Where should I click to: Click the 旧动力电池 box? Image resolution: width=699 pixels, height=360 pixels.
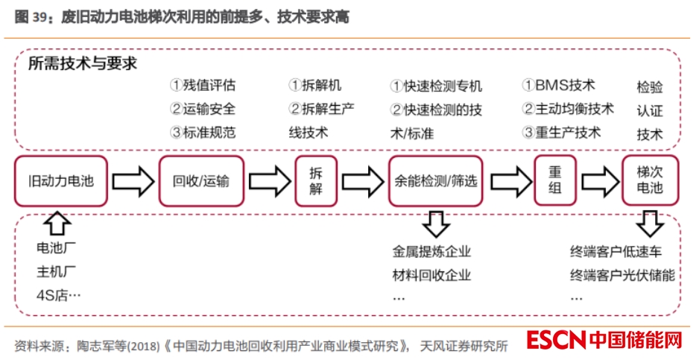point(61,181)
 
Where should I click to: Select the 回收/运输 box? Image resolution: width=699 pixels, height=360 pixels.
point(201,181)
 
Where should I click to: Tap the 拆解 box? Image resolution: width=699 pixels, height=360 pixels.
point(317,181)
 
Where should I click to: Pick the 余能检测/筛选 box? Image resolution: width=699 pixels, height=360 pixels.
point(435,181)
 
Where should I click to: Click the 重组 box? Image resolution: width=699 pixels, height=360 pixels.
point(555,181)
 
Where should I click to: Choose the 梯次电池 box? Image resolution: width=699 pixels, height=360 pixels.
point(650,180)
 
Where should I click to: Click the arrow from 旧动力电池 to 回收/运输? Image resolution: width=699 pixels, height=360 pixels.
point(133,181)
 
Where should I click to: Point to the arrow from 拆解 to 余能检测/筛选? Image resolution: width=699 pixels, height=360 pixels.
point(362,181)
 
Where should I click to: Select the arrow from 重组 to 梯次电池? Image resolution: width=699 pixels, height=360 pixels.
point(601,181)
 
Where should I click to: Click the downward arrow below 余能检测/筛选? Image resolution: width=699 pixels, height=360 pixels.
point(434,222)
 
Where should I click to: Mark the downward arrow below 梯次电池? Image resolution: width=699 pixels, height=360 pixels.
point(651,222)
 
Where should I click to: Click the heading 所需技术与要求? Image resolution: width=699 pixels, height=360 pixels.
point(83,64)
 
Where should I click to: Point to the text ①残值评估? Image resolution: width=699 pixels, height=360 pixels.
point(203,85)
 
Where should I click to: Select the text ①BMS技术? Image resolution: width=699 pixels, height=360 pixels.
point(558,85)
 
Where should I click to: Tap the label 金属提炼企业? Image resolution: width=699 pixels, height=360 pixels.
point(431,252)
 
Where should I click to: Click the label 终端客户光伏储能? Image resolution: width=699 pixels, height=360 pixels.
point(622,275)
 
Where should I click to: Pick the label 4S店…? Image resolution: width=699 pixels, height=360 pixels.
point(58,295)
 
